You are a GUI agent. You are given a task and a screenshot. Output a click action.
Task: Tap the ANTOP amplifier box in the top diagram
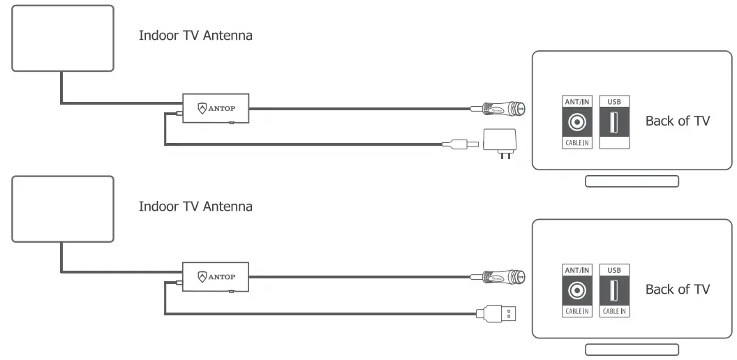pyautogui.click(x=216, y=108)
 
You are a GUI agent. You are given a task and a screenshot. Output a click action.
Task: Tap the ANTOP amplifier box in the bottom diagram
pyautogui.click(x=216, y=276)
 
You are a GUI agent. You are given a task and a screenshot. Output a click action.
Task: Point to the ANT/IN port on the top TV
pyautogui.click(x=576, y=123)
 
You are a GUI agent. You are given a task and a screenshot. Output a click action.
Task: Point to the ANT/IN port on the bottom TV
pyautogui.click(x=576, y=290)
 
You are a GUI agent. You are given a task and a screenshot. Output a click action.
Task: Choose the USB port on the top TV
pyautogui.click(x=614, y=123)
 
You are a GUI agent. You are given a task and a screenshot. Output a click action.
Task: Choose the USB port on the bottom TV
pyautogui.click(x=614, y=290)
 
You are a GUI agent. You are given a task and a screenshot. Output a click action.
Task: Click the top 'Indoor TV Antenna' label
pyautogui.click(x=195, y=36)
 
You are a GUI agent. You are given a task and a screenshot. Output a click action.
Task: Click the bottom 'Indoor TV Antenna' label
pyautogui.click(x=195, y=206)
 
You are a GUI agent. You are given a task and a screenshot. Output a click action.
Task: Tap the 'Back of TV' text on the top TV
pyautogui.click(x=677, y=121)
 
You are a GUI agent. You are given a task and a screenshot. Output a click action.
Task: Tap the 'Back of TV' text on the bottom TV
pyautogui.click(x=677, y=289)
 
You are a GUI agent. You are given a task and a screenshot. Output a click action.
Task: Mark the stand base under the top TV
pyautogui.click(x=632, y=181)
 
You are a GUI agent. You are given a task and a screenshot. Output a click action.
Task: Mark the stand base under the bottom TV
pyautogui.click(x=632, y=350)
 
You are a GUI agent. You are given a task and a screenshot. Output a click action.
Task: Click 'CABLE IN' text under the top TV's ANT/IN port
pyautogui.click(x=576, y=143)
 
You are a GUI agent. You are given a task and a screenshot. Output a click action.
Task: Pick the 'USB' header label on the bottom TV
pyautogui.click(x=614, y=269)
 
